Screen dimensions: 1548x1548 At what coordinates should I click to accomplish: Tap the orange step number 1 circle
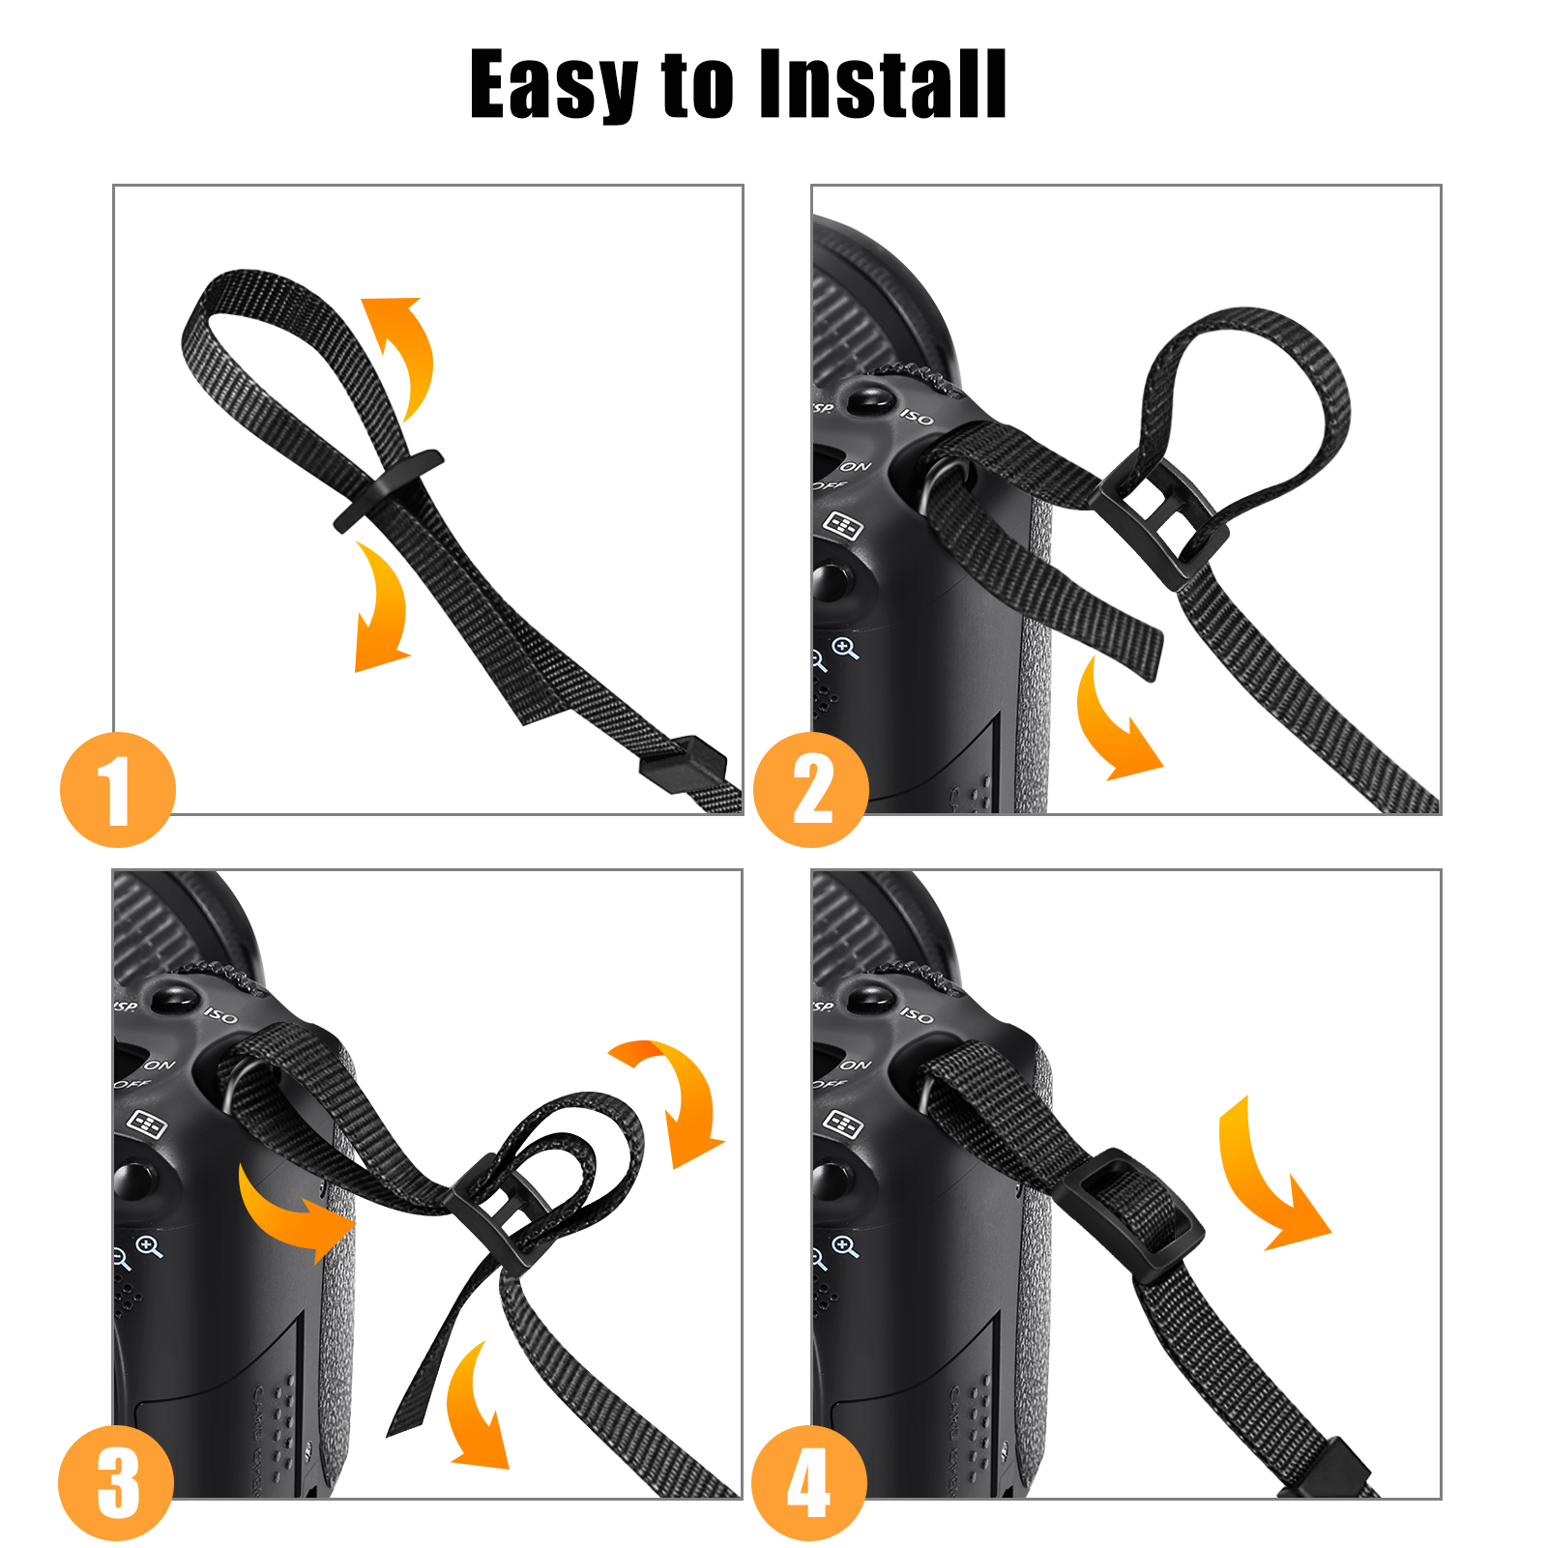click(118, 790)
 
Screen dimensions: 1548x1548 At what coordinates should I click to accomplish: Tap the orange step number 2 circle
click(811, 790)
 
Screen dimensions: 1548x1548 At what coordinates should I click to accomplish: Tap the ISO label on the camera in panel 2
click(918, 418)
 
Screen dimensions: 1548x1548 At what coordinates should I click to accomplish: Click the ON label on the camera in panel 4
click(856, 1065)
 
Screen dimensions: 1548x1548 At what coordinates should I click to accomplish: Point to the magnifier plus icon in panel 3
click(150, 1246)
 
